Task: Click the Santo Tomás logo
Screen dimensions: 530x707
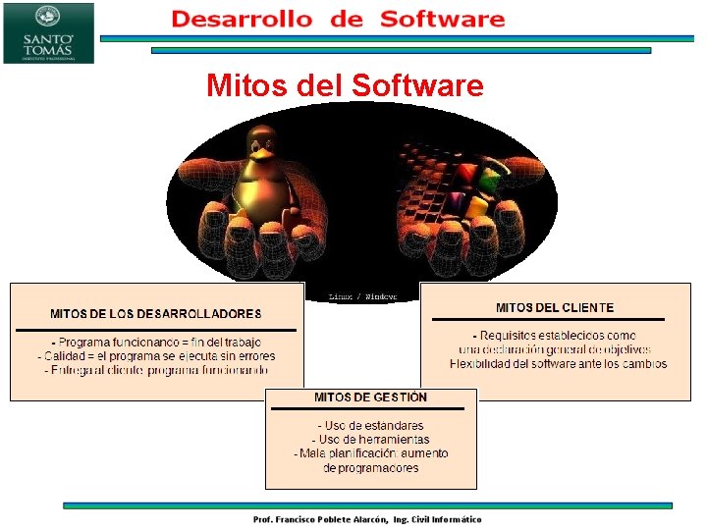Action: tap(48, 32)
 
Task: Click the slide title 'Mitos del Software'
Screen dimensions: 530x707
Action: tap(345, 86)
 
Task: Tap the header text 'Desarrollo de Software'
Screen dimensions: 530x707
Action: tap(338, 19)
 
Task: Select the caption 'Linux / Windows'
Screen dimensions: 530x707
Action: tap(362, 296)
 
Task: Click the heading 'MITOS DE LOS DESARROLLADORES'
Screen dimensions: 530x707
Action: tap(156, 314)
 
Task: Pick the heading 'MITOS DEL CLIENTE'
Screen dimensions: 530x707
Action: tap(555, 308)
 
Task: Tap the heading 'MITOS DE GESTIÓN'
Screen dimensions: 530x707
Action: tap(370, 397)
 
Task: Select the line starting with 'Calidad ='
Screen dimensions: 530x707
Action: tap(156, 356)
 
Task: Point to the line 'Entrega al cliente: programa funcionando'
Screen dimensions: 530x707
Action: tap(156, 370)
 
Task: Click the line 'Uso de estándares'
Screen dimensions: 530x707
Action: tap(370, 426)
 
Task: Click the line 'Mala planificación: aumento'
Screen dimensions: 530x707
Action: tap(371, 453)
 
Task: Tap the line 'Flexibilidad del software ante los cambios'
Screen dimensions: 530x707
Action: tap(558, 364)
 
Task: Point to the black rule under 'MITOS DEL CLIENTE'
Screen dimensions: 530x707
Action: tap(548, 320)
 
